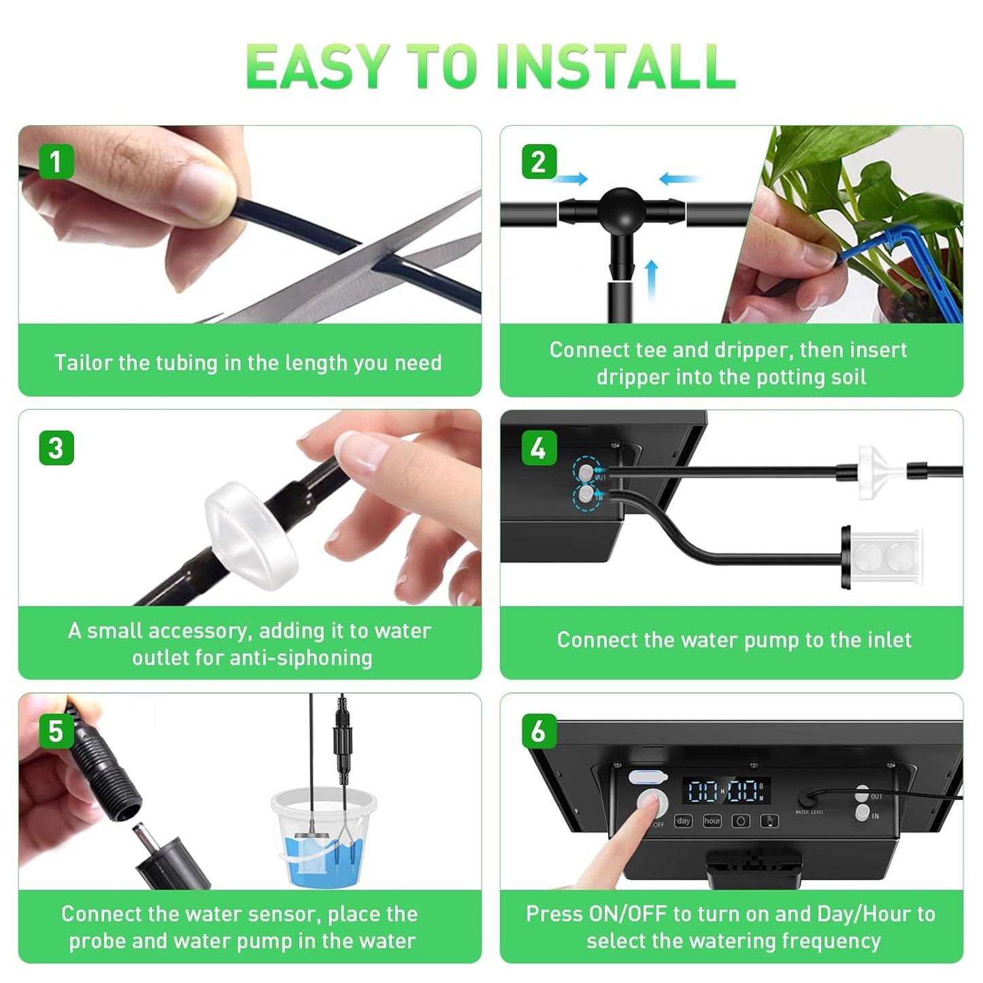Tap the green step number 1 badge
tap(56, 162)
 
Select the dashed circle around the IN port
tap(586, 497)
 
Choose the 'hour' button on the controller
tap(712, 821)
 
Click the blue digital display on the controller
tap(726, 791)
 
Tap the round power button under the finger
tap(652, 803)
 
